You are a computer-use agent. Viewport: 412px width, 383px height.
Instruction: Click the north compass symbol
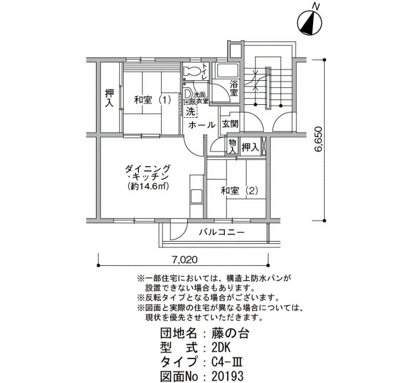310,22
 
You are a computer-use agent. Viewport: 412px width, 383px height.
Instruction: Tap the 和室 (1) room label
152,100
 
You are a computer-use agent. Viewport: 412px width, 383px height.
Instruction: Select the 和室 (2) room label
240,190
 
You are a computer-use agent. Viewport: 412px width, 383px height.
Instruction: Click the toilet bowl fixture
192,71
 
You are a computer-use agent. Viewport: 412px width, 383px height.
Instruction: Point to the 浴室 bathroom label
234,88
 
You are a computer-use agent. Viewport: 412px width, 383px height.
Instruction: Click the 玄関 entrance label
230,124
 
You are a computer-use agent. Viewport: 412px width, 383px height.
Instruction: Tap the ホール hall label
202,125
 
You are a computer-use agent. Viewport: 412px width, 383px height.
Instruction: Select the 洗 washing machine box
191,111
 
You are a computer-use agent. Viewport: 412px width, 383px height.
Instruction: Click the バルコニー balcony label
222,232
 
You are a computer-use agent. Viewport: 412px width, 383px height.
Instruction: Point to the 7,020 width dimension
185,260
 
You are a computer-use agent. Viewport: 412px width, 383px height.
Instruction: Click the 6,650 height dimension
318,140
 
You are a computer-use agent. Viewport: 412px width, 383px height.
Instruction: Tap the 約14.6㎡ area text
148,186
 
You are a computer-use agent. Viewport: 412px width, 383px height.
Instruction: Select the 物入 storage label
232,147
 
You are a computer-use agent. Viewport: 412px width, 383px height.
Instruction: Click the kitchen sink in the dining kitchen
196,196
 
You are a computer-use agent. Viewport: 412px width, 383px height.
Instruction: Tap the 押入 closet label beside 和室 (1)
109,98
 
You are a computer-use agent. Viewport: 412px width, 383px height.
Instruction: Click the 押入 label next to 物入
250,147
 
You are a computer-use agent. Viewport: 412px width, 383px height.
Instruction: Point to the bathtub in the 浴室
227,71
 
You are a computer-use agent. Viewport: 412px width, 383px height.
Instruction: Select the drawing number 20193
228,376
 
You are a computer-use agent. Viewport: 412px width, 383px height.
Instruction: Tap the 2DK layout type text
221,348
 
